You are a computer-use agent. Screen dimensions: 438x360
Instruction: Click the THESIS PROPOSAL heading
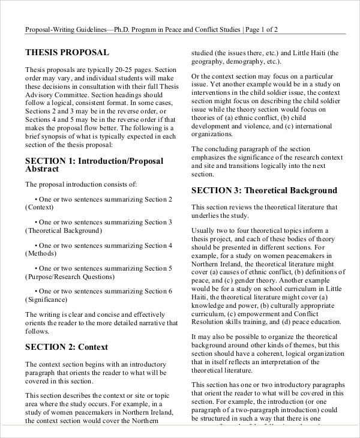tap(67, 52)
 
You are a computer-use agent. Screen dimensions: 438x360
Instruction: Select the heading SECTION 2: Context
tap(66, 347)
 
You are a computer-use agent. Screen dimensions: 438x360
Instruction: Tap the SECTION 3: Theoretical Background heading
tap(264, 191)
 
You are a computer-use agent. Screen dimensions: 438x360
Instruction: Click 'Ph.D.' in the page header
tap(145, 29)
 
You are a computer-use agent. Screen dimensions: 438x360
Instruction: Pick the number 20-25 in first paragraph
tap(115, 70)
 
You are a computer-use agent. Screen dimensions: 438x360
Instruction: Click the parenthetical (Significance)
tap(46, 299)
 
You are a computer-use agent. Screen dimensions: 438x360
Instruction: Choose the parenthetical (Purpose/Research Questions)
tap(69, 277)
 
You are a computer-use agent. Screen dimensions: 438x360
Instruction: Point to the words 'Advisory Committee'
tap(59, 95)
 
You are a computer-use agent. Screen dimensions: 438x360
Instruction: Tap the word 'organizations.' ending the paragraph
tap(216, 135)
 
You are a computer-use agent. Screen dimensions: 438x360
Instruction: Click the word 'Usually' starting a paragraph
tap(205, 230)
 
